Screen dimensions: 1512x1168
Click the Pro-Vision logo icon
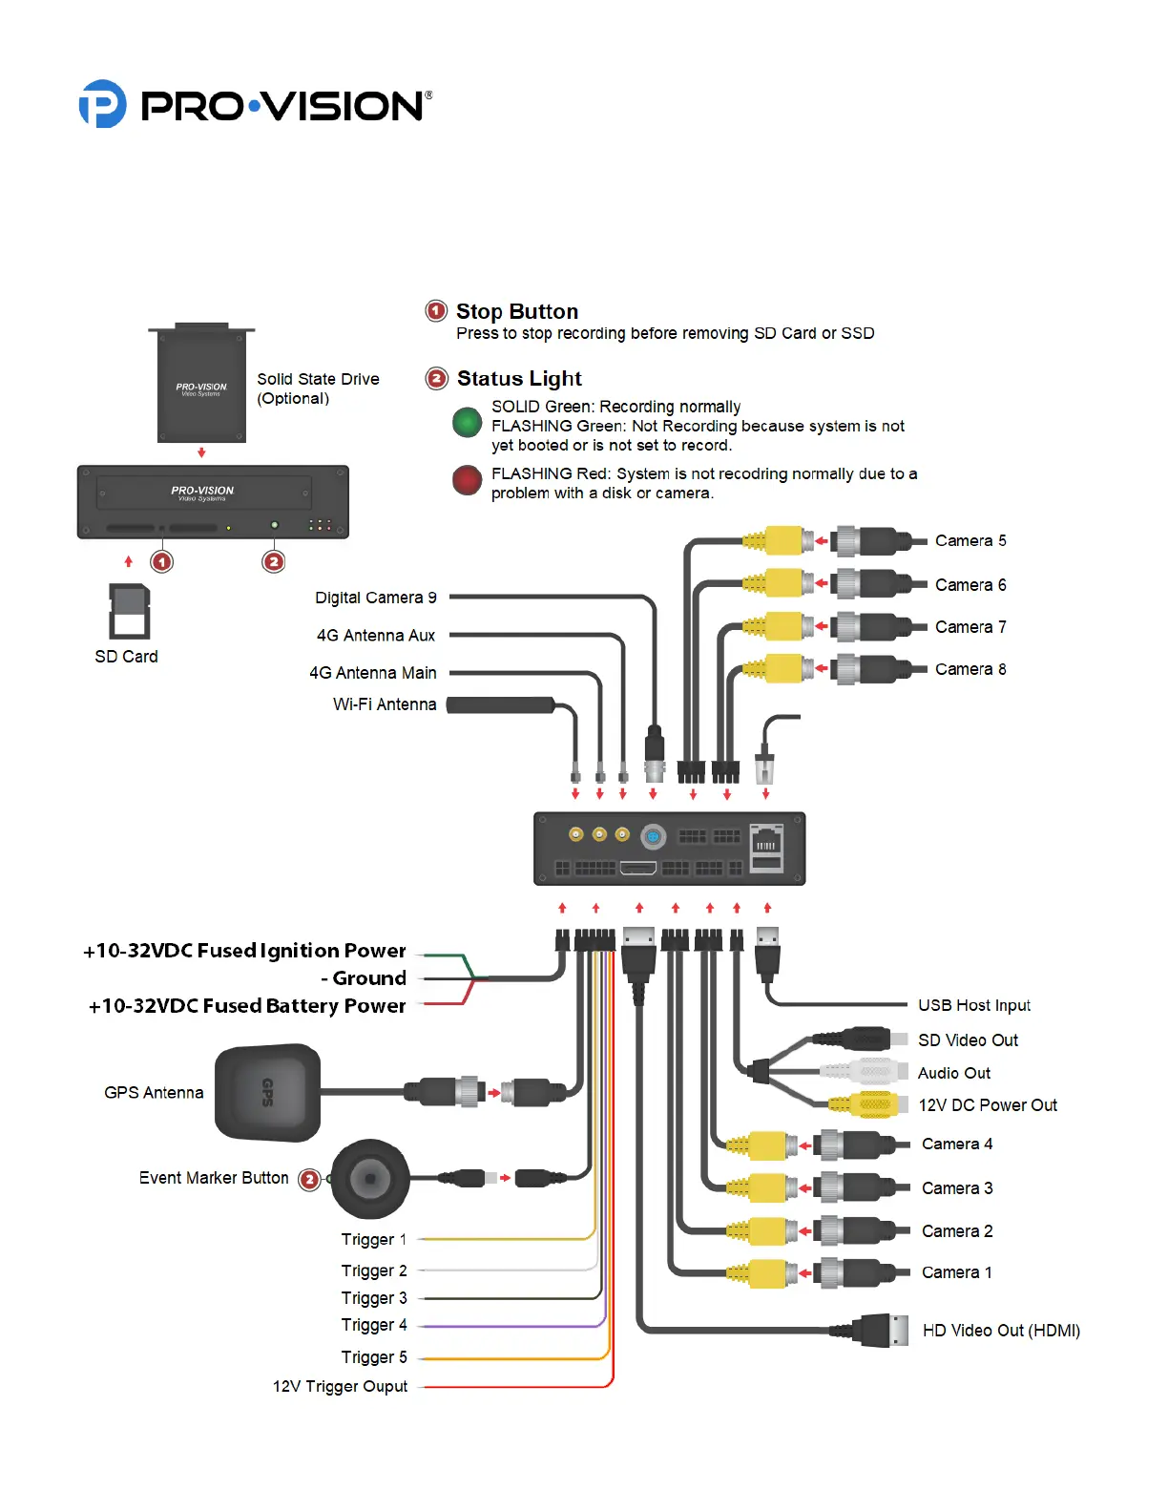click(102, 104)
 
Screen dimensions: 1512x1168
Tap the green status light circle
click(467, 422)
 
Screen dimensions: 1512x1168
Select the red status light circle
click(467, 480)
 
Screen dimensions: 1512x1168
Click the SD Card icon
click(129, 611)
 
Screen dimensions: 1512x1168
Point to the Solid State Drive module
click(201, 384)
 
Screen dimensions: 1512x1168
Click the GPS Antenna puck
click(267, 1093)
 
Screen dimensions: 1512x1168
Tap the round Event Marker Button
click(370, 1179)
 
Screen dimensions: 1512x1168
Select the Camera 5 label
click(970, 541)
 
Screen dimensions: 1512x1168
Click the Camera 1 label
click(956, 1272)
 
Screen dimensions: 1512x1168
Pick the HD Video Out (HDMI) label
click(1001, 1331)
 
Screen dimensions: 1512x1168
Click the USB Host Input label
click(973, 1005)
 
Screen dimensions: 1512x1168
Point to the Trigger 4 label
click(374, 1325)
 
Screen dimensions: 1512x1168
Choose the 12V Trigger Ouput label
click(340, 1386)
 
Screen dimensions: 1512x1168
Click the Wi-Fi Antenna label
click(385, 704)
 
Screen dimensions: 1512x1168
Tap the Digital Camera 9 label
click(376, 598)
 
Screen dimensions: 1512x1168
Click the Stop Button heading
click(516, 311)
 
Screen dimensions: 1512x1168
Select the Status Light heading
click(519, 378)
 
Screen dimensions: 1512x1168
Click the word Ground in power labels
click(369, 978)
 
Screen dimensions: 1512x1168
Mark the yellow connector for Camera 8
click(782, 668)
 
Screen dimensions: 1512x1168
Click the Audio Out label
click(953, 1073)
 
